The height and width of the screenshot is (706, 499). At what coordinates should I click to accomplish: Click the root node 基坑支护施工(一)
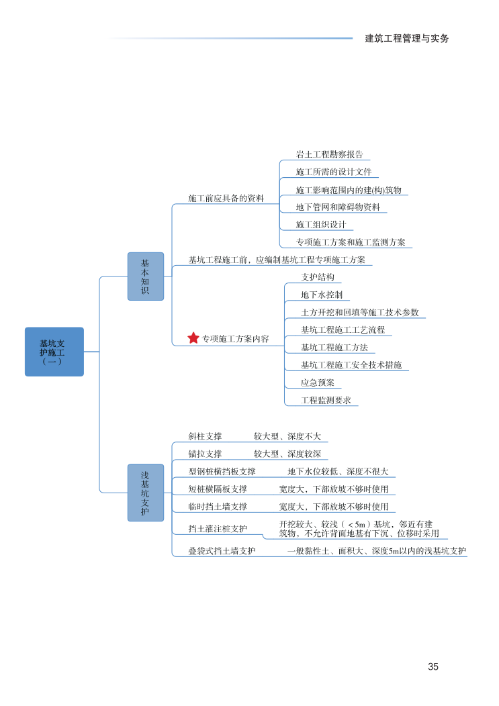[54, 352]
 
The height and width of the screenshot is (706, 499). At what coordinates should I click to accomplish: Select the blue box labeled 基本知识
[146, 276]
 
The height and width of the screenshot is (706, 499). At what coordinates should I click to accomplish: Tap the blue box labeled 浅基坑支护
[146, 493]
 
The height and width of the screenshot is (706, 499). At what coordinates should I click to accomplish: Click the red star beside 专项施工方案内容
[193, 338]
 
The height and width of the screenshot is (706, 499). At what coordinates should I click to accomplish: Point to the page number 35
[433, 667]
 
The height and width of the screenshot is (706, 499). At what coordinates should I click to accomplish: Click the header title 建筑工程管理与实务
[407, 38]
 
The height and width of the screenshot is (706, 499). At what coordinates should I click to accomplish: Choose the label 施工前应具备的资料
[226, 199]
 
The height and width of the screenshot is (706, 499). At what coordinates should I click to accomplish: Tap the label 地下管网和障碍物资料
[338, 207]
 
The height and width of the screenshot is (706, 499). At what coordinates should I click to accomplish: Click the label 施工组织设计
[321, 225]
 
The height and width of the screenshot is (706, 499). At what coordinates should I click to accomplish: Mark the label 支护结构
[318, 277]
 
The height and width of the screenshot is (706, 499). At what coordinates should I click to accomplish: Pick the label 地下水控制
[322, 295]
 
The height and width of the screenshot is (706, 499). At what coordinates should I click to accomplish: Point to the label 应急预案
[318, 383]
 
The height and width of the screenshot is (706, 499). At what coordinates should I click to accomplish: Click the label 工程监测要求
[326, 400]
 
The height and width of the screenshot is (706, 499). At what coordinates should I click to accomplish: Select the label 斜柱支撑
[205, 436]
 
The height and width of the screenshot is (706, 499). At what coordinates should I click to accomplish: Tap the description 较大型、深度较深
[287, 454]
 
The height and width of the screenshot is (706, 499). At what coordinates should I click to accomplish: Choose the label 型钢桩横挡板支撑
[222, 472]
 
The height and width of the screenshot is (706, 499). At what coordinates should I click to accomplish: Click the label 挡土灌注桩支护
[218, 529]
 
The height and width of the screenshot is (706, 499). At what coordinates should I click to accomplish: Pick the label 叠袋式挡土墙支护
[222, 551]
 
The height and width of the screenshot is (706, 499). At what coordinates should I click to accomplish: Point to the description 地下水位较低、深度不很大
[338, 472]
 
